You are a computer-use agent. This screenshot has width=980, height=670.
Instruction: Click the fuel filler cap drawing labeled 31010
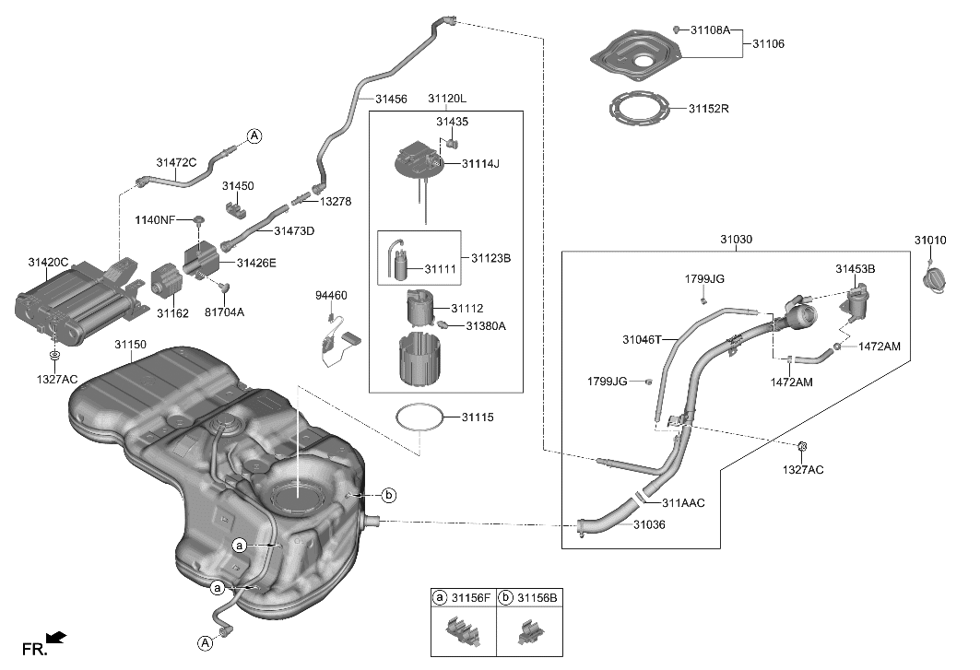tap(936, 277)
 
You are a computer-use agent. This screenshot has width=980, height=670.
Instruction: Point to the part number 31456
tap(391, 98)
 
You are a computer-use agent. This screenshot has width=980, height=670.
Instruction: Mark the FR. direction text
tap(34, 650)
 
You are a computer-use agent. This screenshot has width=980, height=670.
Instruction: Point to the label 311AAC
tap(682, 503)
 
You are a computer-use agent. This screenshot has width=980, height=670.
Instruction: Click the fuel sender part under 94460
tap(338, 345)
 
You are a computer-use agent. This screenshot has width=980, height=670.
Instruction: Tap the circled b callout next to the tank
tap(388, 495)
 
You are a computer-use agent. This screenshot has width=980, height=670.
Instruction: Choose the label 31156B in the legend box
tap(537, 597)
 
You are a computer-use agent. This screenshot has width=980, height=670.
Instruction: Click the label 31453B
tap(855, 269)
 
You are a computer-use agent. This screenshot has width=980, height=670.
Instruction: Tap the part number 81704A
tap(224, 311)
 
